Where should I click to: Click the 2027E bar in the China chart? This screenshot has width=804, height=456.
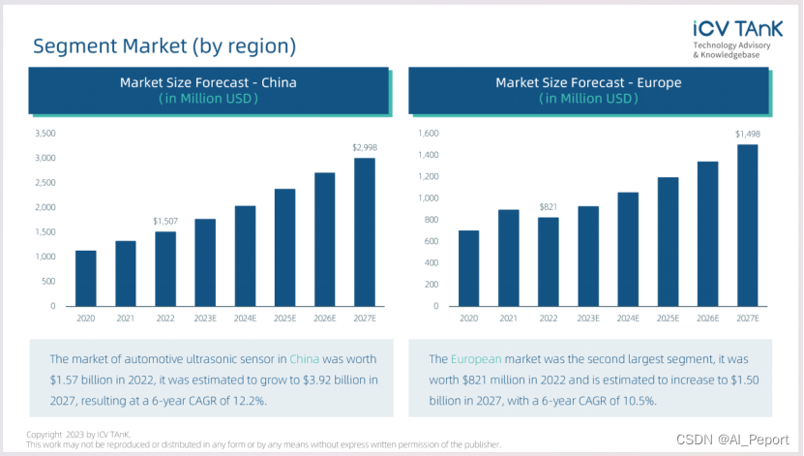point(364,232)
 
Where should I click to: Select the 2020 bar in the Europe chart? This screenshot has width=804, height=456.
point(468,268)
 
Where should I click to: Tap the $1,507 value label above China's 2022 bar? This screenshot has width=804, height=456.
point(165,222)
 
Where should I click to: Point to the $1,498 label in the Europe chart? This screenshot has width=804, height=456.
point(748,135)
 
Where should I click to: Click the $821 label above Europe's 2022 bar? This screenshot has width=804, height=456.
point(549,207)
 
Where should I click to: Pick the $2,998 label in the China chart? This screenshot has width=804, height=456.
point(364,148)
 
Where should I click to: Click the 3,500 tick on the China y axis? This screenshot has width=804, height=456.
point(45,134)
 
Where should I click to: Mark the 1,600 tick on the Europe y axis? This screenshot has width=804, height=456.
point(428,134)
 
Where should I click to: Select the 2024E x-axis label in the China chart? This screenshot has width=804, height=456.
point(245,317)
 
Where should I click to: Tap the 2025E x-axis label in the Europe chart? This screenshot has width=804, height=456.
point(669,317)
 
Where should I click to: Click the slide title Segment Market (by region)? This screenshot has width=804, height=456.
point(164,46)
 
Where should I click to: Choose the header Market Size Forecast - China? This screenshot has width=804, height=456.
point(208,83)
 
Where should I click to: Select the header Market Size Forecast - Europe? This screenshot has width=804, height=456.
point(588,83)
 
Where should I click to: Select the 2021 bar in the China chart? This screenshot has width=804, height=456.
point(126,273)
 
